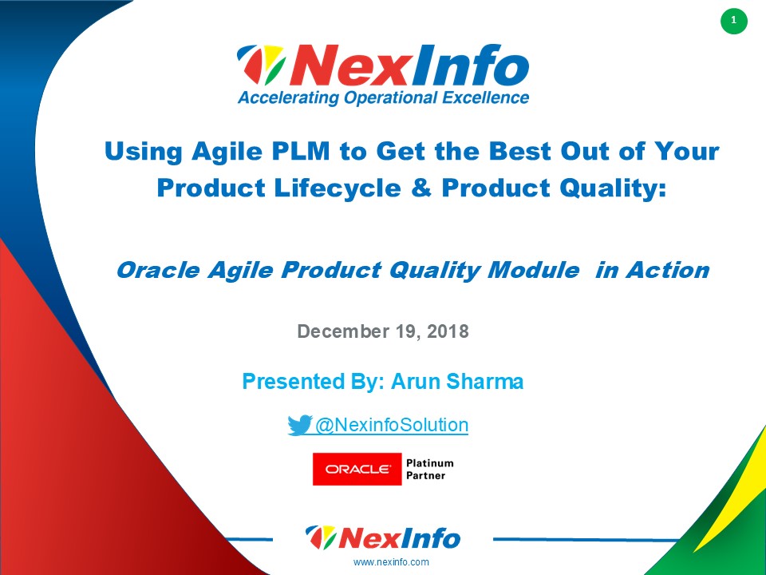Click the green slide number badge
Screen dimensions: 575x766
(x=733, y=21)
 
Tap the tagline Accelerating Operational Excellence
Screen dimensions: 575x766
(x=383, y=98)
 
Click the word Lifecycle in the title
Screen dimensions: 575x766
(x=333, y=188)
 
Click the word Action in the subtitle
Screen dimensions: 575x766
(x=667, y=271)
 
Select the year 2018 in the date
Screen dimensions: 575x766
(x=448, y=331)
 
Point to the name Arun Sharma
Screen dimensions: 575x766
(x=457, y=382)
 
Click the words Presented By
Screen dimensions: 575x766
(x=314, y=382)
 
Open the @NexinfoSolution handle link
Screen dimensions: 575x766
(x=391, y=425)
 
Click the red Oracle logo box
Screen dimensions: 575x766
(x=357, y=469)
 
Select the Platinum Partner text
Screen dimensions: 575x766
(x=429, y=469)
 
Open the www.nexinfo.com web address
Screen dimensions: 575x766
(x=391, y=562)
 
